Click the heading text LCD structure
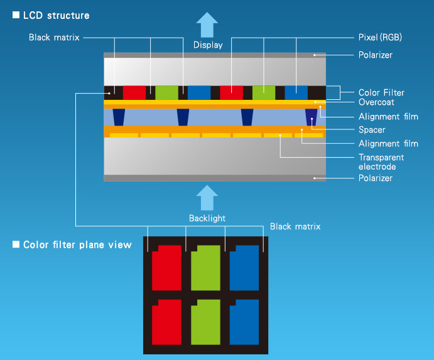56,16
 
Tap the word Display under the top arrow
208,45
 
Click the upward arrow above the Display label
207,25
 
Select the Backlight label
207,219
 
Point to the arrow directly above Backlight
207,198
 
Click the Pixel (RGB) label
380,38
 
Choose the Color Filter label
381,92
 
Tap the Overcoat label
376,102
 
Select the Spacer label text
372,130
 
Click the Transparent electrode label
381,162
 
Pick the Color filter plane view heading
77,245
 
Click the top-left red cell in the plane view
166,268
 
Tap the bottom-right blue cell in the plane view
244,322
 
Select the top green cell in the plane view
205,268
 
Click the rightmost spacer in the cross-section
312,117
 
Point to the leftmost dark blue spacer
119,117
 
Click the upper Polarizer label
376,55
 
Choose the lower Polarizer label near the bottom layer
376,178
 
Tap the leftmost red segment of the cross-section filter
134,93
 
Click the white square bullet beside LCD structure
16,15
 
